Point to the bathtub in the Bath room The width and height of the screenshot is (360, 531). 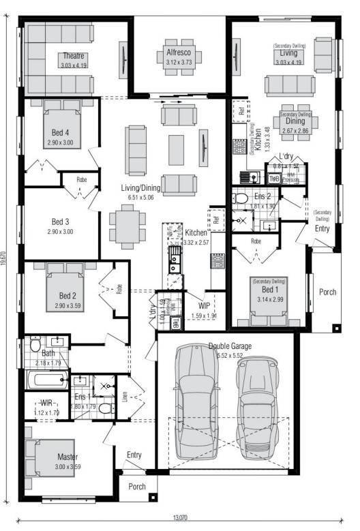[46, 379]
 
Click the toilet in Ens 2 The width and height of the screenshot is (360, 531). [239, 199]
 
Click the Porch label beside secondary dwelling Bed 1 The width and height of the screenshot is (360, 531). [327, 292]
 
